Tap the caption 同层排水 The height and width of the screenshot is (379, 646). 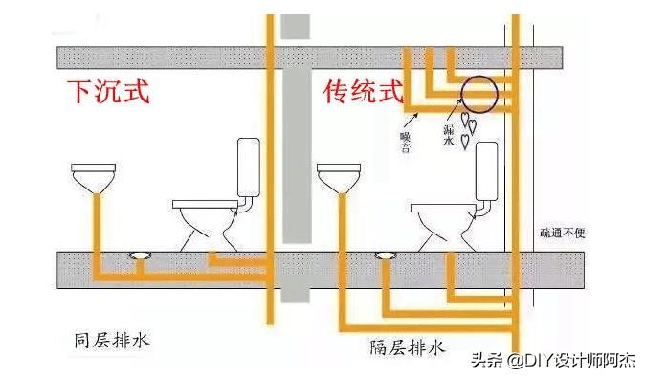[112, 340]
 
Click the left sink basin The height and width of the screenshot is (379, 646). [92, 178]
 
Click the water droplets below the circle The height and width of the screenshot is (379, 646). [468, 128]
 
